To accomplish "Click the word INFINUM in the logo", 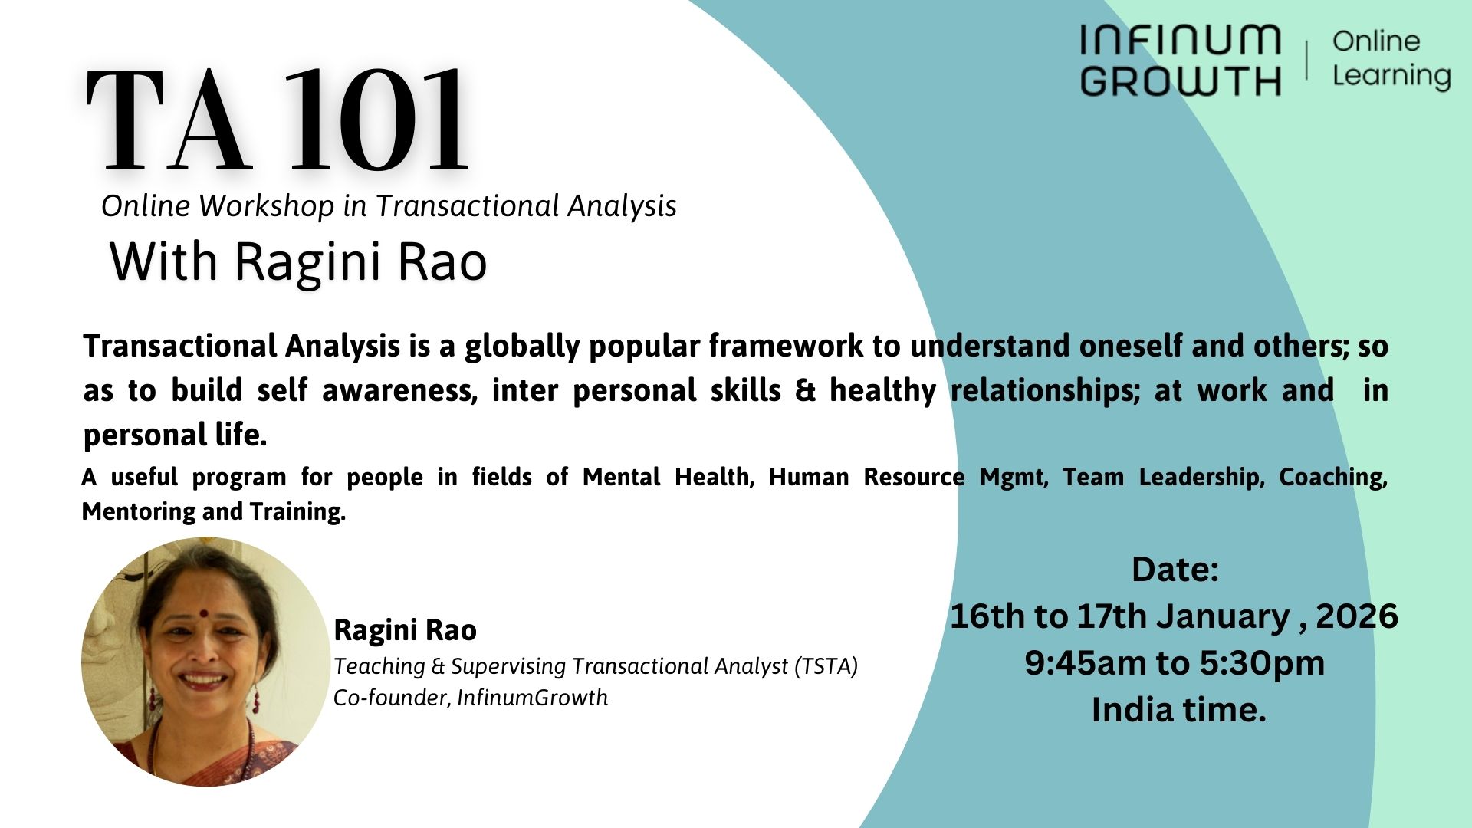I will pos(1180,40).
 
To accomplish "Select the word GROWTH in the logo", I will pos(1180,80).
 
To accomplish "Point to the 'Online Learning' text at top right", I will pos(1390,58).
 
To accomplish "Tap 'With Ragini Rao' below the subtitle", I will pos(298,261).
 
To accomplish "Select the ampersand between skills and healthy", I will pos(805,391).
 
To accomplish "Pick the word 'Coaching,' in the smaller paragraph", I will pos(1332,477).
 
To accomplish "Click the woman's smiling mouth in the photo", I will pos(204,679).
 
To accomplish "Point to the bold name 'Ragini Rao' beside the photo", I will pos(405,630).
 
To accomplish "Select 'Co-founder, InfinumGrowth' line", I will pos(470,698).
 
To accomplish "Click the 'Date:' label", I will pos(1175,570).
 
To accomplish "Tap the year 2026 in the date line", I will pos(1356,616).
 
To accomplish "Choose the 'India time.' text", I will pos(1178,710).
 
